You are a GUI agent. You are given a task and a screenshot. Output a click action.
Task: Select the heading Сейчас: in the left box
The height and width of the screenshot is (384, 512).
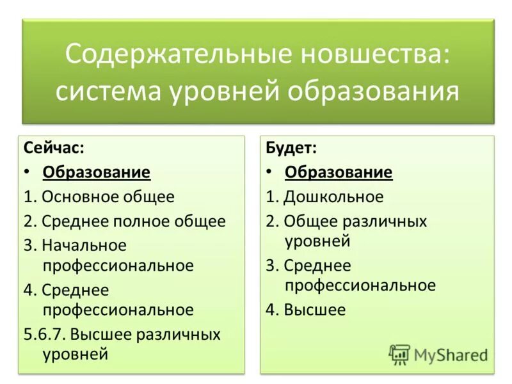click(54, 148)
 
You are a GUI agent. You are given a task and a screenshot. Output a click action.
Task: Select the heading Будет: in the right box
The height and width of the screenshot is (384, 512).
click(291, 148)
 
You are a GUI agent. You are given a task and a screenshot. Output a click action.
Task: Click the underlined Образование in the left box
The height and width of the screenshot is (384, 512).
click(97, 172)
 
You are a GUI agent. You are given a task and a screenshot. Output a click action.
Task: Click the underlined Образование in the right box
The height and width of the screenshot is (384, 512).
click(339, 172)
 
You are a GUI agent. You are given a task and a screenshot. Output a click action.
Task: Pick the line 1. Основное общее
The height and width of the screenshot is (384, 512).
click(99, 196)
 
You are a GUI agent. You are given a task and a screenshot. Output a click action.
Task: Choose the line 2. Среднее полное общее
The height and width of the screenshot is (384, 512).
click(125, 221)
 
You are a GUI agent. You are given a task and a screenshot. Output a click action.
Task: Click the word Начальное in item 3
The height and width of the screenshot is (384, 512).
click(84, 246)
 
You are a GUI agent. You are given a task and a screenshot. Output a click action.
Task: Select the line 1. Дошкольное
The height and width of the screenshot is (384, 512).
click(324, 196)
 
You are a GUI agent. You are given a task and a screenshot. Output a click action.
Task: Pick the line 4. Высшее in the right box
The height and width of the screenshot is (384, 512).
click(306, 310)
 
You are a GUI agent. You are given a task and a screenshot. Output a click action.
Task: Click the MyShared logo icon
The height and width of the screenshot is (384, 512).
click(399, 354)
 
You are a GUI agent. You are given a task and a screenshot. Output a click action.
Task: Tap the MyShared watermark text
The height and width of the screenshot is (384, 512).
click(451, 355)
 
